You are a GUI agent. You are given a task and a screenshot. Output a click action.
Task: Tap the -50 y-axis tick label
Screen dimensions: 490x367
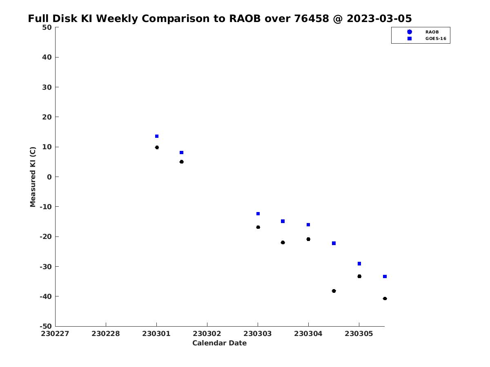[46, 326]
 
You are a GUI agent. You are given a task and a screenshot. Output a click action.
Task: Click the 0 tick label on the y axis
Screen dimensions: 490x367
[49, 177]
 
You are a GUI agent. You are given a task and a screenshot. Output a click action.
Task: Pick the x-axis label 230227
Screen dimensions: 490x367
[55, 334]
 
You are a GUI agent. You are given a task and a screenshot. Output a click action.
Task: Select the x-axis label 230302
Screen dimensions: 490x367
[207, 334]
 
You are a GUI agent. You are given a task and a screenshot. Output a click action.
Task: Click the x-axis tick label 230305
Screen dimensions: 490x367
[359, 334]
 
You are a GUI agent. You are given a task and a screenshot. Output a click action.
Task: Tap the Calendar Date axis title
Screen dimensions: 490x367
[219, 343]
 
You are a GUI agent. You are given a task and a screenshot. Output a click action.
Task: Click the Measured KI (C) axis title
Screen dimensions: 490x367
[33, 177]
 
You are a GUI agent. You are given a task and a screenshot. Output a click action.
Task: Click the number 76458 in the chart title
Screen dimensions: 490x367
[312, 18]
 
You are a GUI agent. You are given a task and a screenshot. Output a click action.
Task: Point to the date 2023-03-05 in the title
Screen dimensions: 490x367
[379, 18]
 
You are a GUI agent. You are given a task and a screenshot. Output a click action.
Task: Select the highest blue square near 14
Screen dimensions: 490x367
[157, 136]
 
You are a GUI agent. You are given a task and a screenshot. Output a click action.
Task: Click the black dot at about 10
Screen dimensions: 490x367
[157, 147]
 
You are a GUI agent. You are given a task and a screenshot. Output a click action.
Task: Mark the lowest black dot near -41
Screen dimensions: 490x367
[385, 298]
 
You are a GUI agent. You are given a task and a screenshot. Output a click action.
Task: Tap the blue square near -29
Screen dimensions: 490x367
[359, 263]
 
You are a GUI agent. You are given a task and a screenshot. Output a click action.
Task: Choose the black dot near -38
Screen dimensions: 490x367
[334, 291]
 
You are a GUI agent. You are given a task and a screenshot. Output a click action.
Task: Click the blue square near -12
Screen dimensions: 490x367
[258, 214]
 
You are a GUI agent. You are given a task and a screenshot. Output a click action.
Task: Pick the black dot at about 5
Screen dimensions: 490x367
[181, 162]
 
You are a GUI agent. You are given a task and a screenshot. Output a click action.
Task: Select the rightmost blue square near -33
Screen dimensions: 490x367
[385, 276]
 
